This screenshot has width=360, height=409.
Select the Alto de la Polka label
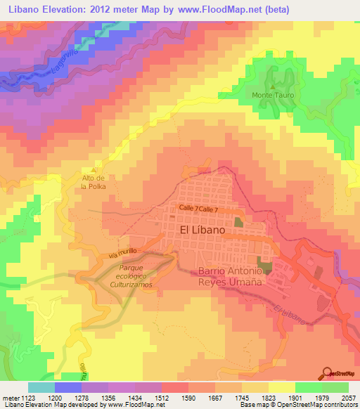click(93, 183)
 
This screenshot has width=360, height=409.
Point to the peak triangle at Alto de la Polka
click(94, 170)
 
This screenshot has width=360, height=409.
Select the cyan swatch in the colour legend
click(41, 387)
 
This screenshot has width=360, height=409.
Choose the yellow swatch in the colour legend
click(282, 387)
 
